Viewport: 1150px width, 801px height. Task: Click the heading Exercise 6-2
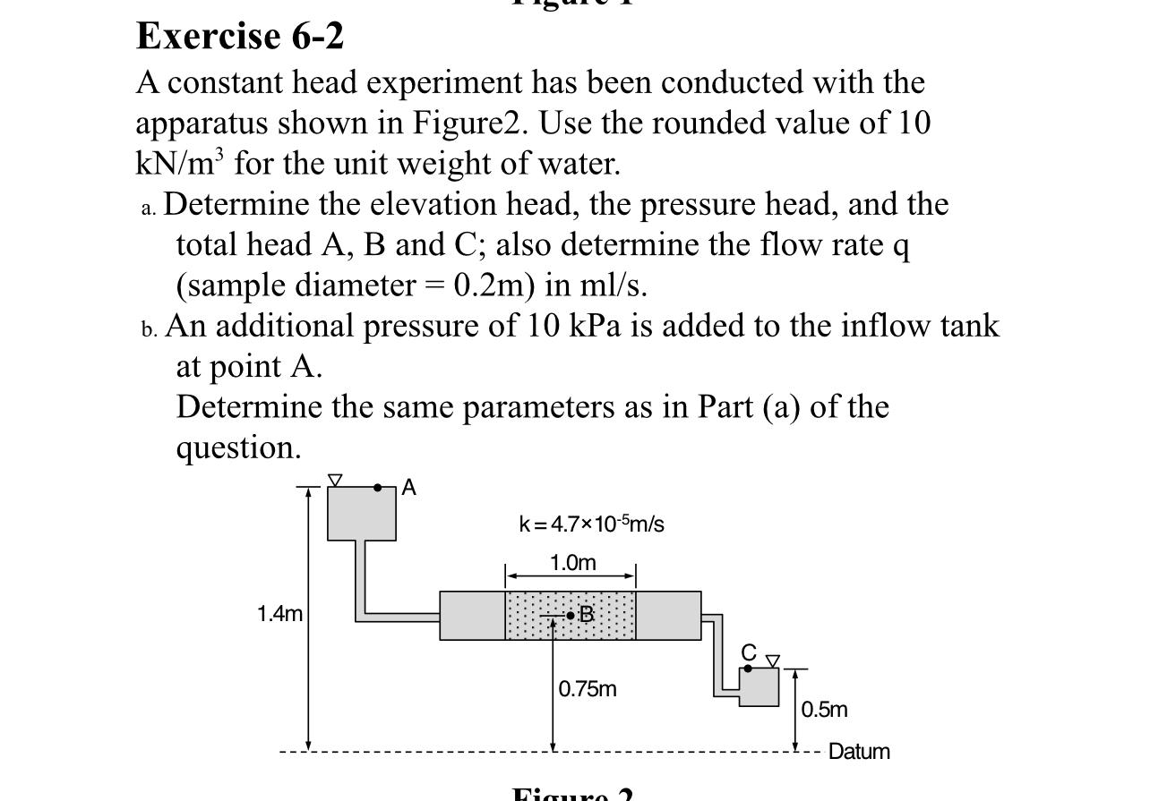click(x=240, y=38)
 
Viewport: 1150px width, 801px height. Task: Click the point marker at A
click(x=379, y=488)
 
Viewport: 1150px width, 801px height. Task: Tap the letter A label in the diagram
click(x=409, y=487)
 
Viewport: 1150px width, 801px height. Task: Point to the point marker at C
click(x=748, y=668)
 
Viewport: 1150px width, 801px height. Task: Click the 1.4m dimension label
click(x=279, y=614)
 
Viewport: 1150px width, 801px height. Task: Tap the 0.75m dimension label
click(x=588, y=689)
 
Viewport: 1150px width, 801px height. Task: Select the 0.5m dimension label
click(x=824, y=711)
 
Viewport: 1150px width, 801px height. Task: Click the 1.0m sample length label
click(x=571, y=563)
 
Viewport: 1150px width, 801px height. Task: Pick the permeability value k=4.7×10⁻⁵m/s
click(x=592, y=524)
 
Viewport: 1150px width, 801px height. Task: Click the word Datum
click(x=859, y=752)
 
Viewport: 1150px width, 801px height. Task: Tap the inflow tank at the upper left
click(x=361, y=514)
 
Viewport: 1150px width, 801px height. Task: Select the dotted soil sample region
click(x=571, y=616)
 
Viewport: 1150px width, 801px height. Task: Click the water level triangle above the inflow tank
click(x=335, y=481)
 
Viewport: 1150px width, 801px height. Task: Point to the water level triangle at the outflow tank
click(x=771, y=661)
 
